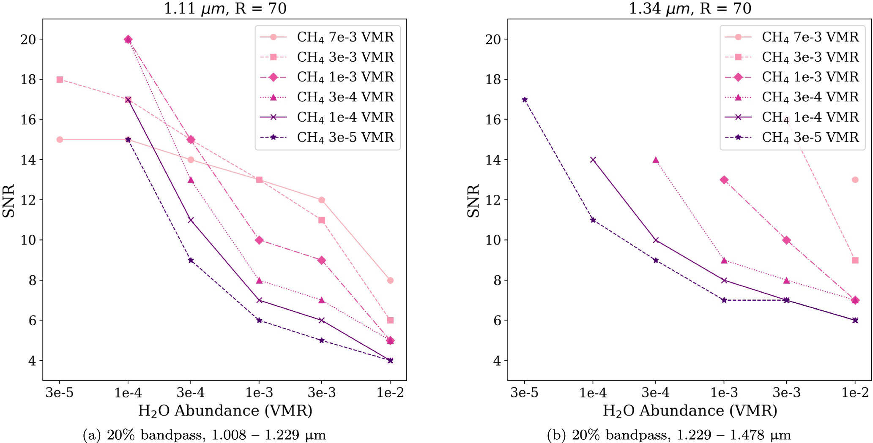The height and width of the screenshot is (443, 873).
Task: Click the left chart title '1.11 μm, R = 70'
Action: [x=225, y=8]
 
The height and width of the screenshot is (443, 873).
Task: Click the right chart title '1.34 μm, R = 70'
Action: [x=690, y=8]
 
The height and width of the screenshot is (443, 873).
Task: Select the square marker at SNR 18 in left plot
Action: [x=60, y=79]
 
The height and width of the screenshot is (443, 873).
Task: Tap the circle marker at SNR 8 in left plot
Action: [x=390, y=280]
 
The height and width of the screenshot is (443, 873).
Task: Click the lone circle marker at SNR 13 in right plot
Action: [x=855, y=180]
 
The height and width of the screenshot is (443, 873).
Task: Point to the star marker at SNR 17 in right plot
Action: [x=525, y=100]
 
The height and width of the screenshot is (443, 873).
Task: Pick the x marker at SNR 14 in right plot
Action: [x=593, y=160]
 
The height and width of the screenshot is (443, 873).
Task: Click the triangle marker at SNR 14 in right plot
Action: [x=656, y=160]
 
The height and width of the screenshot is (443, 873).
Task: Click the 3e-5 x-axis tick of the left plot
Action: [x=60, y=393]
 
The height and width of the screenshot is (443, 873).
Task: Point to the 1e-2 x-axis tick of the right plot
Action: [x=855, y=393]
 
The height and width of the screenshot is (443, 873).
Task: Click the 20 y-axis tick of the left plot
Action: [x=28, y=39]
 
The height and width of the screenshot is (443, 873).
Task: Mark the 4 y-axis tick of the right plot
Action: [x=497, y=361]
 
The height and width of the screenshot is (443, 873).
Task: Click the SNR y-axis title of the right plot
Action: [x=473, y=201]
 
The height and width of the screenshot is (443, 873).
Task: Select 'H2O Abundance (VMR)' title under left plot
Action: [x=225, y=410]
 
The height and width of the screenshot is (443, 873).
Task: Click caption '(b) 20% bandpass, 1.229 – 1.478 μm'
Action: [x=669, y=435]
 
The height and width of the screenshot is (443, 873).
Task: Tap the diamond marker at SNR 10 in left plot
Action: [x=259, y=240]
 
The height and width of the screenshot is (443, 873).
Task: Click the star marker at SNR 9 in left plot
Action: [x=191, y=260]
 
